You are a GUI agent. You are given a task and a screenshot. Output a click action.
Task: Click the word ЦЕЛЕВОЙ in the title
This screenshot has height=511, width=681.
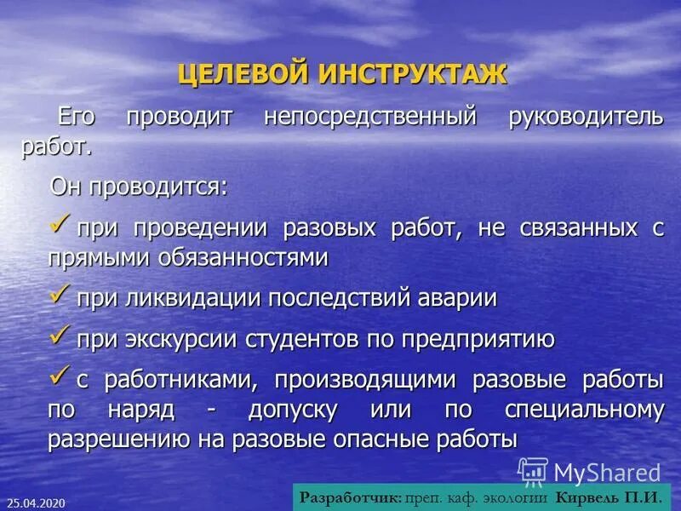click(x=243, y=74)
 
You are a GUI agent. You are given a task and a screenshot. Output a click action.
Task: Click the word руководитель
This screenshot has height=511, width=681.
click(x=586, y=118)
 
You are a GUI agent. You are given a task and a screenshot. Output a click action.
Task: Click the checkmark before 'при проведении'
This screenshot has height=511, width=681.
click(x=60, y=226)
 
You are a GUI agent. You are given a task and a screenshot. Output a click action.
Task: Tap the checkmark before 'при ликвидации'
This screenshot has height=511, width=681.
click(x=60, y=295)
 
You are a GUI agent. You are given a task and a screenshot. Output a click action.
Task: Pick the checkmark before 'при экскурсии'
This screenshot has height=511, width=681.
click(x=60, y=337)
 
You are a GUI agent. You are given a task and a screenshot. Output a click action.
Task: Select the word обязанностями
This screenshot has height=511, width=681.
click(x=242, y=258)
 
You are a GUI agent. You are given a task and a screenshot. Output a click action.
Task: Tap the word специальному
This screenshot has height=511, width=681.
click(x=584, y=410)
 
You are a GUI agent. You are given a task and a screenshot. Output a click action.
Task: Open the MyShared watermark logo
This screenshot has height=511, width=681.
click(x=589, y=471)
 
